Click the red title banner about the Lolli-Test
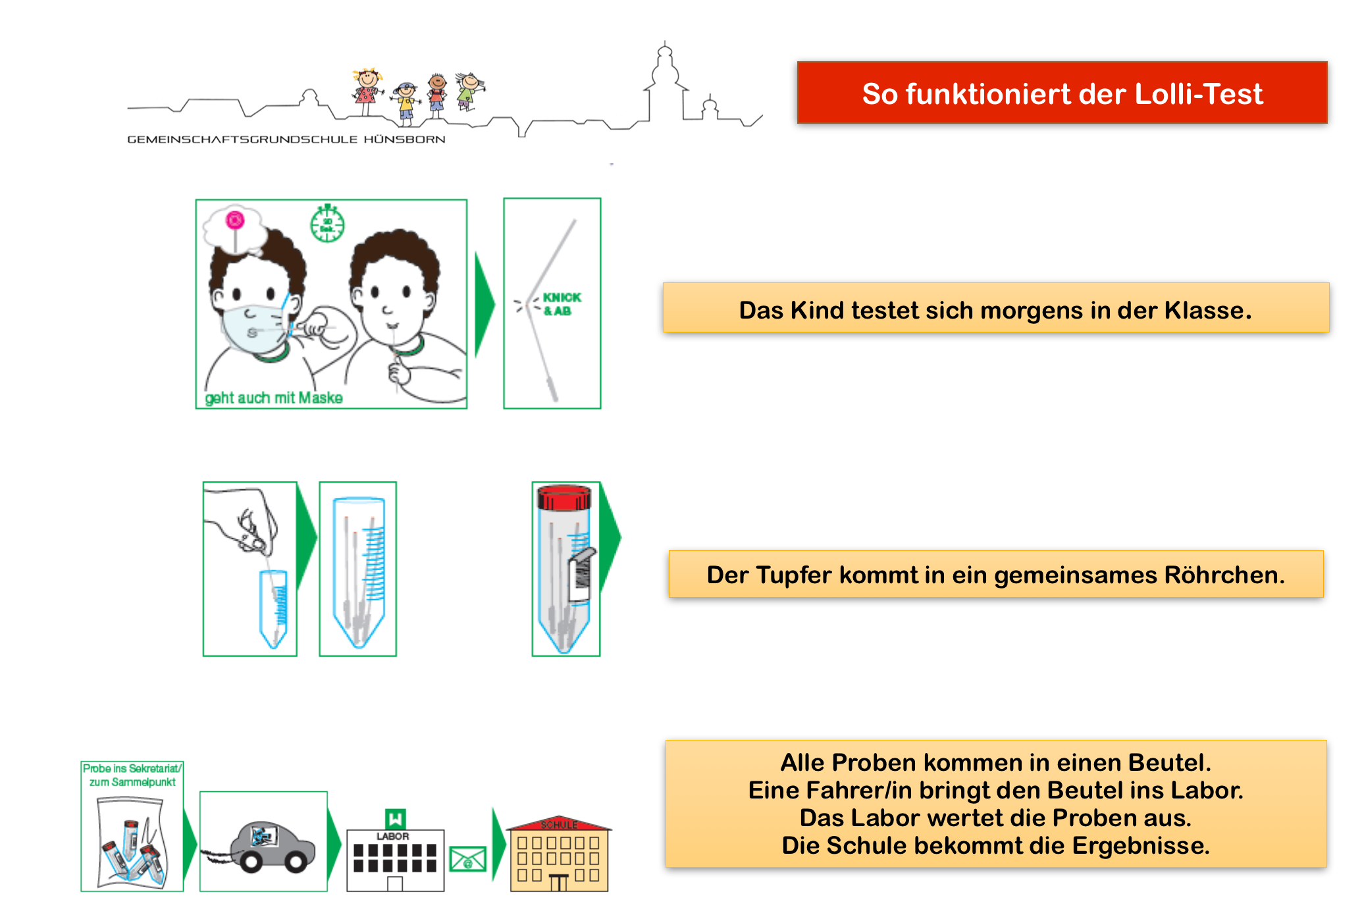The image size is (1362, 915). (1062, 93)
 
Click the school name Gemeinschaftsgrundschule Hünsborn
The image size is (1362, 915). (286, 140)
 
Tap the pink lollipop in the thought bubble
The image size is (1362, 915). (235, 220)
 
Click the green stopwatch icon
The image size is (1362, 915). (327, 224)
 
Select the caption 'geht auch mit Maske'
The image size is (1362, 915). (274, 398)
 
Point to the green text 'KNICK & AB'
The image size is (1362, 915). (561, 304)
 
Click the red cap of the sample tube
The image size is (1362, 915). (564, 498)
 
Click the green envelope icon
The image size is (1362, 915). (467, 859)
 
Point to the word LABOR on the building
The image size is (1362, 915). (393, 836)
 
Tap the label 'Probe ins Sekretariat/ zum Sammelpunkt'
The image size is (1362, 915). (132, 775)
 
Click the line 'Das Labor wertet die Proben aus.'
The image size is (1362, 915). (995, 818)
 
